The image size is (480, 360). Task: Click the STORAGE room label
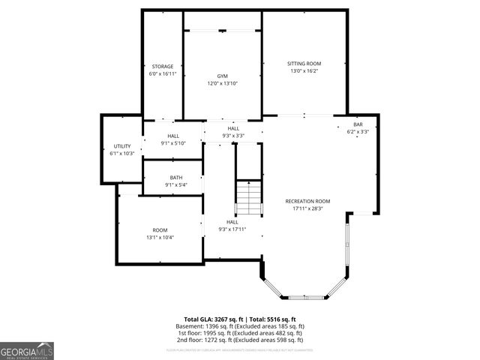click(163, 67)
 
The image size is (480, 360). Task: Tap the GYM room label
click(222, 76)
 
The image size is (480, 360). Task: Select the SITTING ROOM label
click(304, 64)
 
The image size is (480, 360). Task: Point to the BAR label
click(358, 124)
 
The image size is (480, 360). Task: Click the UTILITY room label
click(122, 146)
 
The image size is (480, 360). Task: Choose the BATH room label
click(175, 178)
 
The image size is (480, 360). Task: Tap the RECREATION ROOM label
click(307, 201)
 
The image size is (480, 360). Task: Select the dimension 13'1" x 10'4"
click(160, 238)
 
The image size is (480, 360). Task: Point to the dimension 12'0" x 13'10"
click(222, 84)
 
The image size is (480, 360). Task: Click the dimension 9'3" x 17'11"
click(232, 229)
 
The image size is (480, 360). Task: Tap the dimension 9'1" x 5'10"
click(173, 143)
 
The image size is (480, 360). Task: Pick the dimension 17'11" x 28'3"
click(307, 208)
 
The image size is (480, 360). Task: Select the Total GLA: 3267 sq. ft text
click(214, 319)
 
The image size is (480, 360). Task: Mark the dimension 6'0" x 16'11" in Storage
click(163, 74)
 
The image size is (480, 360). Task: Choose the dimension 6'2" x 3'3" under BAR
click(358, 132)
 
